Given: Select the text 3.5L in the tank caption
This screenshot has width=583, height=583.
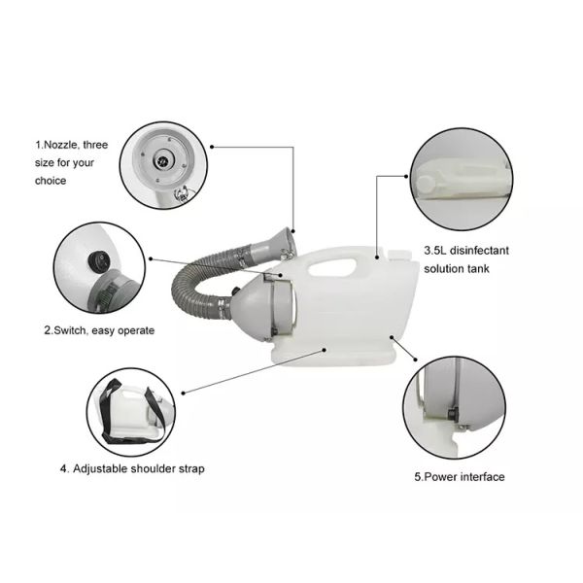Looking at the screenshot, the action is pos(435,251).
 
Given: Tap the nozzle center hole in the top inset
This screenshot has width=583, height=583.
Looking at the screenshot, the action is pos(162,161).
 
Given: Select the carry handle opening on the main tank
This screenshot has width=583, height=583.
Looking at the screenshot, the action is pos(332,266).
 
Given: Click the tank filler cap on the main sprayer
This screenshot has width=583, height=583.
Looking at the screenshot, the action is pos(399,255).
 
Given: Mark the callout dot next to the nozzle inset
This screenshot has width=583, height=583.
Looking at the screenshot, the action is pos(212,147).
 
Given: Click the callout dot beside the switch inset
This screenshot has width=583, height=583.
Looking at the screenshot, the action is pos(151,258).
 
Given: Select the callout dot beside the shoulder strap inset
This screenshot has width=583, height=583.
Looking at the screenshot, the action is pos(183,393).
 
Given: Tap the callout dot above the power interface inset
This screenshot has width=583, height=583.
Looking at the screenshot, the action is pos(415,360).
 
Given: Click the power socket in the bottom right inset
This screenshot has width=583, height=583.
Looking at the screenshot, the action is pos(453,414).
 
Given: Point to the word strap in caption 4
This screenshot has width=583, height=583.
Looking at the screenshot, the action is pos(191,469).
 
